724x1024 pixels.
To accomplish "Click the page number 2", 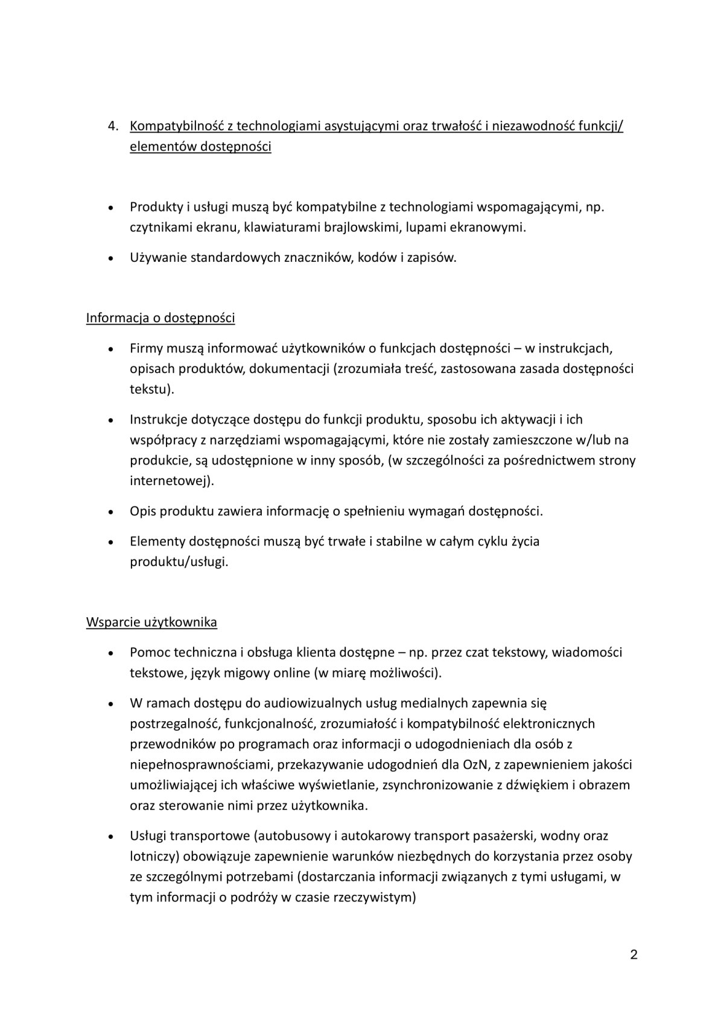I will pyautogui.click(x=634, y=955).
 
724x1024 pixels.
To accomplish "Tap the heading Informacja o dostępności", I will pyautogui.click(x=160, y=318).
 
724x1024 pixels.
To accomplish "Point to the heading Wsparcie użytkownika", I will pyautogui.click(x=151, y=622).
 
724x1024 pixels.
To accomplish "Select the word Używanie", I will pyautogui.click(x=158, y=258).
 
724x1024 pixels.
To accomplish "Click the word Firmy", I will pyautogui.click(x=145, y=348).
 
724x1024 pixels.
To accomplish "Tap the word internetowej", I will pyautogui.click(x=170, y=481).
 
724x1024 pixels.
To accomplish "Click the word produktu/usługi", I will pyautogui.click(x=179, y=562).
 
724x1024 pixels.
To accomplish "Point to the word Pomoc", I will pyautogui.click(x=149, y=652).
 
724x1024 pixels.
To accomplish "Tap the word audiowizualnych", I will pyautogui.click(x=319, y=703).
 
